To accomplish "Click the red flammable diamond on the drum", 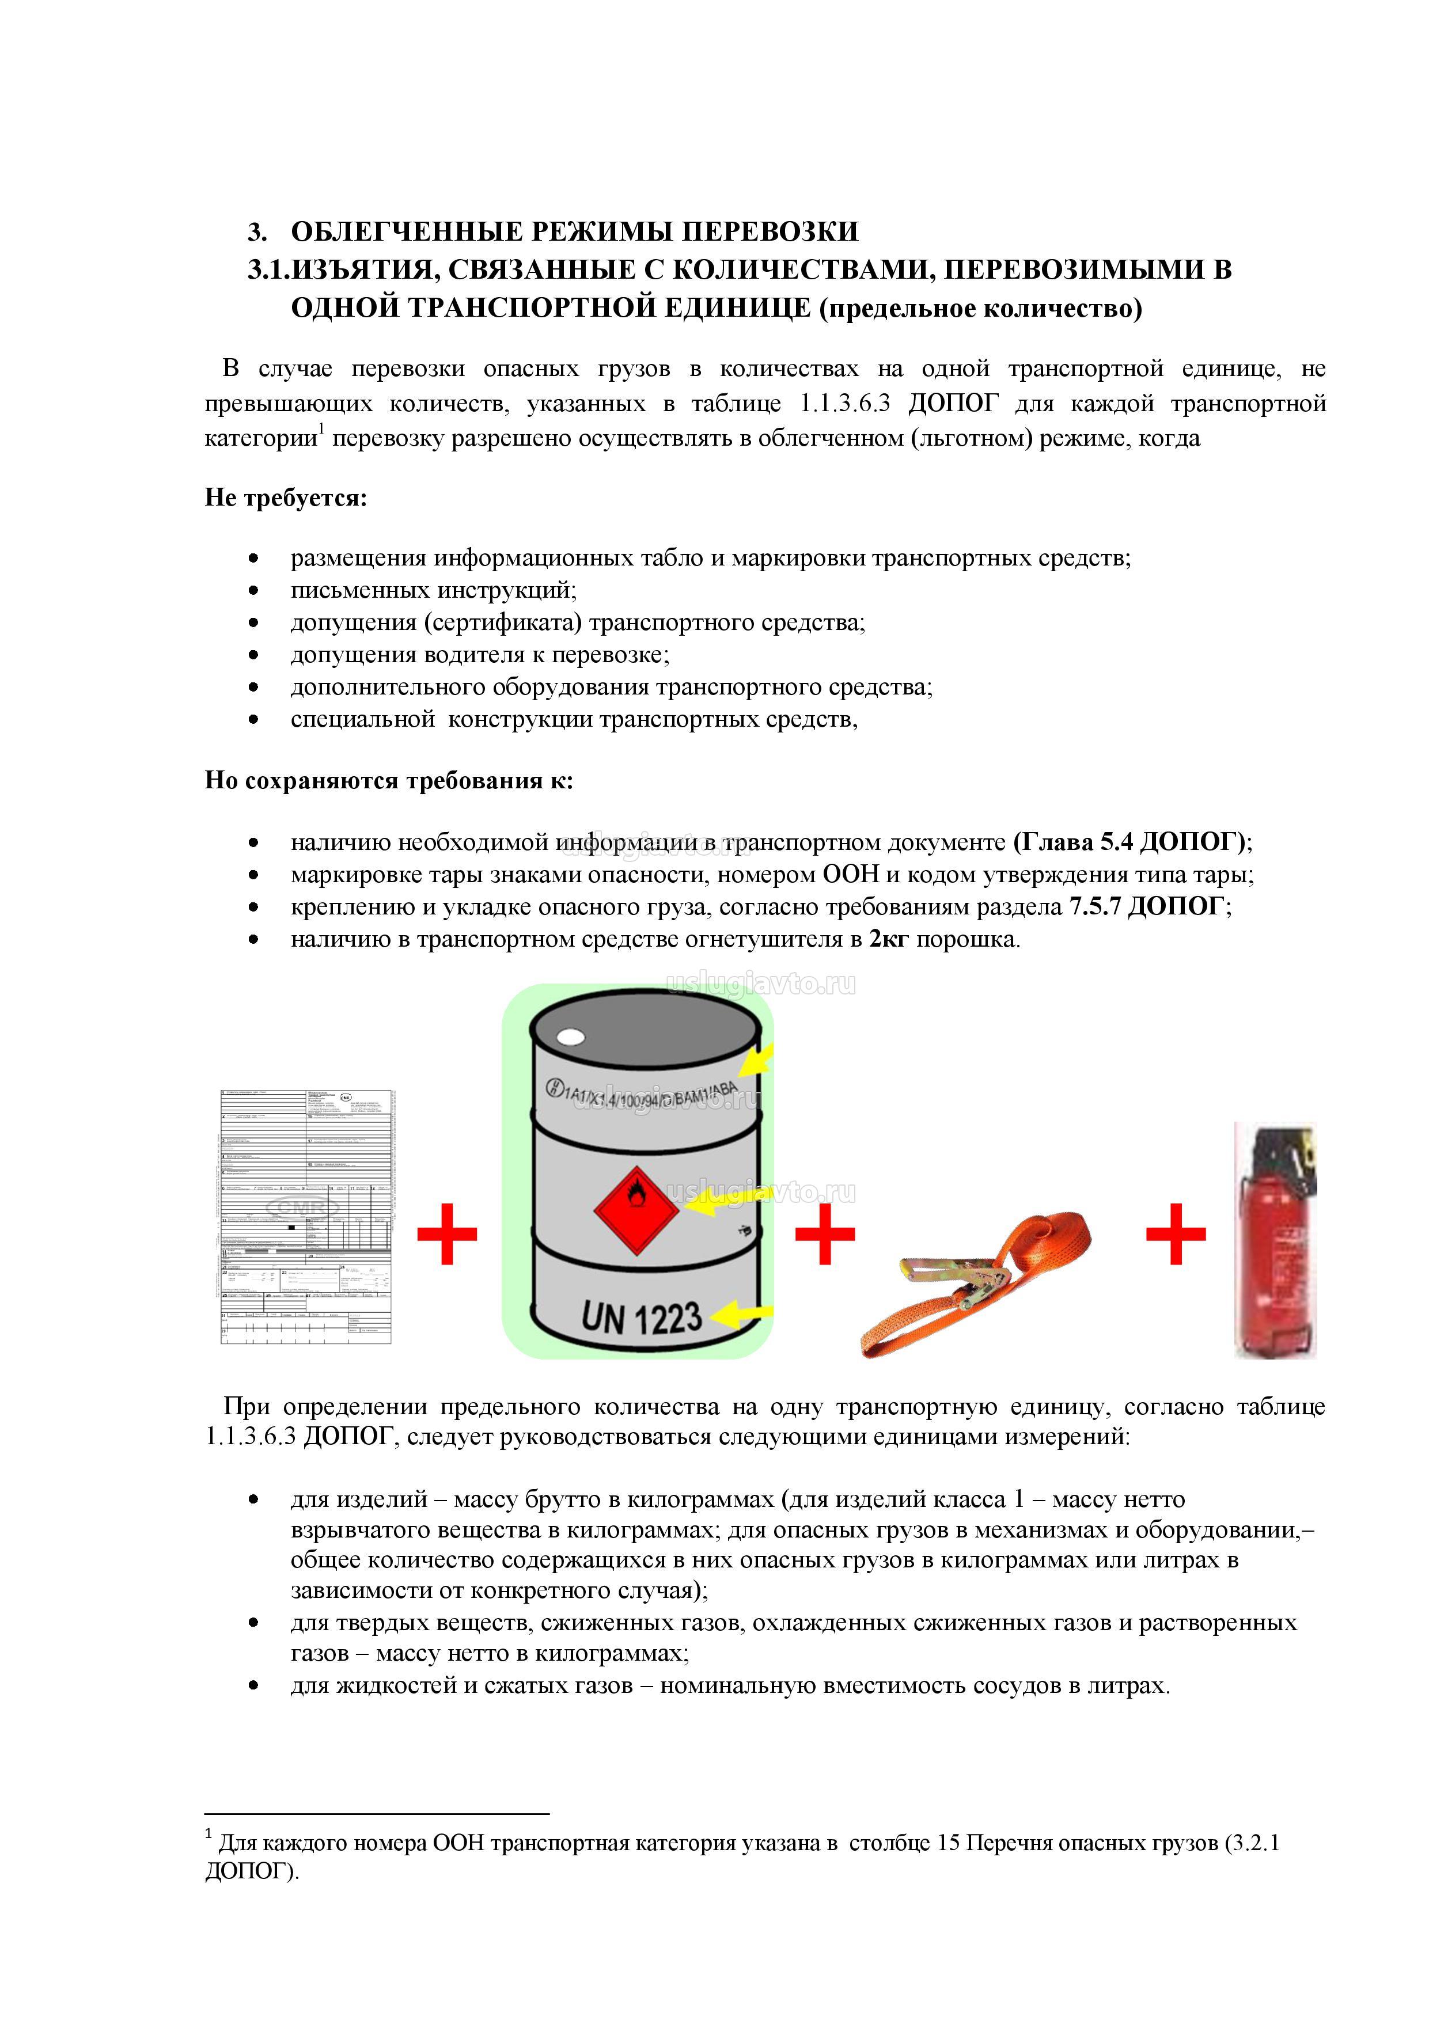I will [635, 1206].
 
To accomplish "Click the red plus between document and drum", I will [447, 1233].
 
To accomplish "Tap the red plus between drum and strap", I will [824, 1233].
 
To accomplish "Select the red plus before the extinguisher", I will [1176, 1233].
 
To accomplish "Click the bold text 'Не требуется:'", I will [286, 498].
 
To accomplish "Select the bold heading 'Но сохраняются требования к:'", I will [388, 780].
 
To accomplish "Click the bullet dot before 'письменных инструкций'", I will [255, 590].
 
